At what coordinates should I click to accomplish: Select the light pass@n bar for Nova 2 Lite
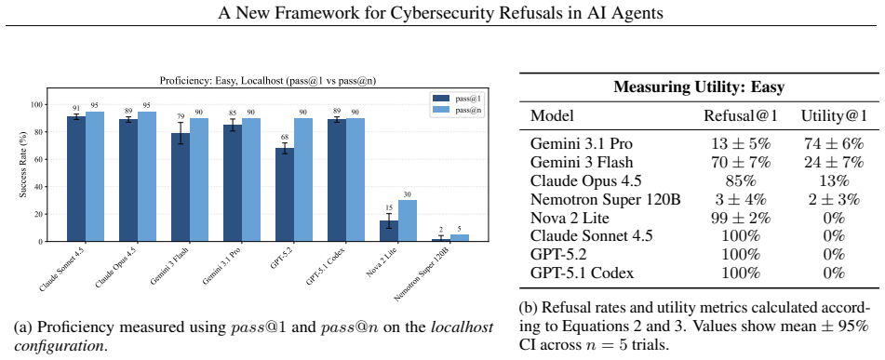pyautogui.click(x=408, y=220)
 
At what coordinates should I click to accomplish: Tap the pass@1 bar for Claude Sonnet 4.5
pyautogui.click(x=76, y=179)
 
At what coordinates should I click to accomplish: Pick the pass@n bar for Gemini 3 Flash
pyautogui.click(x=198, y=180)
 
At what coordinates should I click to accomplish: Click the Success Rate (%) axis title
pyautogui.click(x=23, y=165)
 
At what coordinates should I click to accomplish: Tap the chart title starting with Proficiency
pyautogui.click(x=268, y=81)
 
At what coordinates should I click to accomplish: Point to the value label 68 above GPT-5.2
pyautogui.click(x=285, y=137)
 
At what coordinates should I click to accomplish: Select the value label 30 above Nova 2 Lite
pyautogui.click(x=408, y=194)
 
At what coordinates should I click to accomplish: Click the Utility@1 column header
pyautogui.click(x=833, y=116)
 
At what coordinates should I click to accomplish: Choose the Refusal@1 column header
pyautogui.click(x=741, y=116)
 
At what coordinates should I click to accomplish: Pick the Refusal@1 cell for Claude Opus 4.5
pyautogui.click(x=741, y=181)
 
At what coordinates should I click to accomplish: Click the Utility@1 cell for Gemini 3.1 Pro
pyautogui.click(x=833, y=144)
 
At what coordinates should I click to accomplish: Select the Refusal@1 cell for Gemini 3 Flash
pyautogui.click(x=741, y=163)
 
